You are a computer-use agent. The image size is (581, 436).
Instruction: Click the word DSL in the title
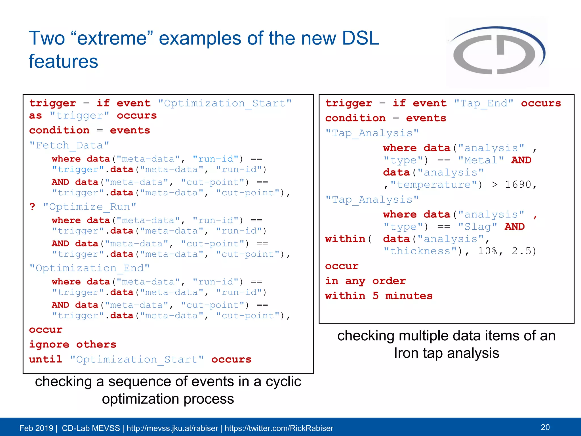(360, 38)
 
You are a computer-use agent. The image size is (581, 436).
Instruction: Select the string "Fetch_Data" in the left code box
(70, 145)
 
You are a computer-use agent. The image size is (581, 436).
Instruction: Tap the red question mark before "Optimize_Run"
(32, 206)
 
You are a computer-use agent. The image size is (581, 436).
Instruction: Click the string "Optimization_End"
(90, 268)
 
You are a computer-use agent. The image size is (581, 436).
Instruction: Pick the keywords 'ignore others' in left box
(73, 344)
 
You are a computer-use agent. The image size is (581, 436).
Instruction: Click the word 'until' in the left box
(45, 359)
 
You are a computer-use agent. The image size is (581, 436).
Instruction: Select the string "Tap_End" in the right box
(483, 103)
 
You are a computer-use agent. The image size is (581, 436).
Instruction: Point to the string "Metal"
(481, 160)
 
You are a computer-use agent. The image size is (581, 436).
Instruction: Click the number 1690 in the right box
(518, 185)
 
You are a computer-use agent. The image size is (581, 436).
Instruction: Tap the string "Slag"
(478, 227)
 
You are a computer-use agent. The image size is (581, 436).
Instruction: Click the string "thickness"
(420, 251)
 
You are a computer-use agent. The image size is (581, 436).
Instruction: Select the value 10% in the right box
(488, 251)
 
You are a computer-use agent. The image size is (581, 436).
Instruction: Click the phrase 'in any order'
(365, 281)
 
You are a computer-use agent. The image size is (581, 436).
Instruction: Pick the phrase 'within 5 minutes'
(379, 296)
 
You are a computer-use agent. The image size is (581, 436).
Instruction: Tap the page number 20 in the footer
(545, 427)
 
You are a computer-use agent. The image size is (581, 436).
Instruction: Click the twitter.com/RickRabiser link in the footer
(279, 428)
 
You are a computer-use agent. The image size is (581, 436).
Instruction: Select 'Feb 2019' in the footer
(36, 428)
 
